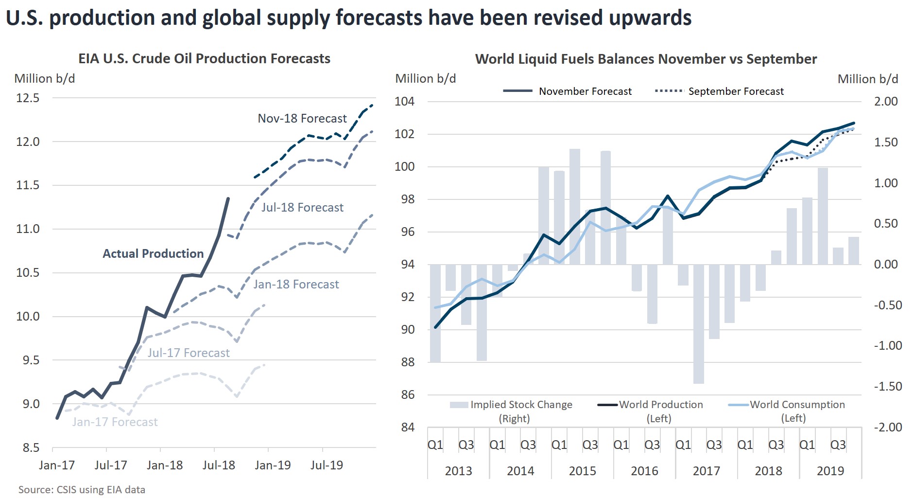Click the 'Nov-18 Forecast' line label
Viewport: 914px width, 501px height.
click(x=302, y=118)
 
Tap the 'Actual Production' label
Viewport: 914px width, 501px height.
click(x=153, y=253)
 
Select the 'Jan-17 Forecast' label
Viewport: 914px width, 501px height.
click(x=115, y=422)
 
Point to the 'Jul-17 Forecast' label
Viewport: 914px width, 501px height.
click(x=189, y=353)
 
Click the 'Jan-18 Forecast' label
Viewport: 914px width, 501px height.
click(x=296, y=284)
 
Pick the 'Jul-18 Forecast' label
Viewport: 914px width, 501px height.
click(x=302, y=207)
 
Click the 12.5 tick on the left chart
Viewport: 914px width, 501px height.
click(x=28, y=98)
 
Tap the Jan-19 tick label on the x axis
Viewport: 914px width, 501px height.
click(x=273, y=465)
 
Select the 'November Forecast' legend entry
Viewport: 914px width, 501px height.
click(x=567, y=91)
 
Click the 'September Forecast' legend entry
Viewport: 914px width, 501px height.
click(x=719, y=91)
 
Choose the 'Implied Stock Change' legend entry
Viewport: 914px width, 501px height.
click(x=511, y=411)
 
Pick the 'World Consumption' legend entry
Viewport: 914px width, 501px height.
click(x=787, y=411)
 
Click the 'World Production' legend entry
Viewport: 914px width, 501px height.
click(x=650, y=411)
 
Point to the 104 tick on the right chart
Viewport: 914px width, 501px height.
click(x=405, y=101)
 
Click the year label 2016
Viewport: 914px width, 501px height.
click(x=644, y=471)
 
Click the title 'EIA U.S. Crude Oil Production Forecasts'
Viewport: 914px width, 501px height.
click(x=205, y=59)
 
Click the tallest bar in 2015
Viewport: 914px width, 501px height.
click(x=575, y=207)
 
